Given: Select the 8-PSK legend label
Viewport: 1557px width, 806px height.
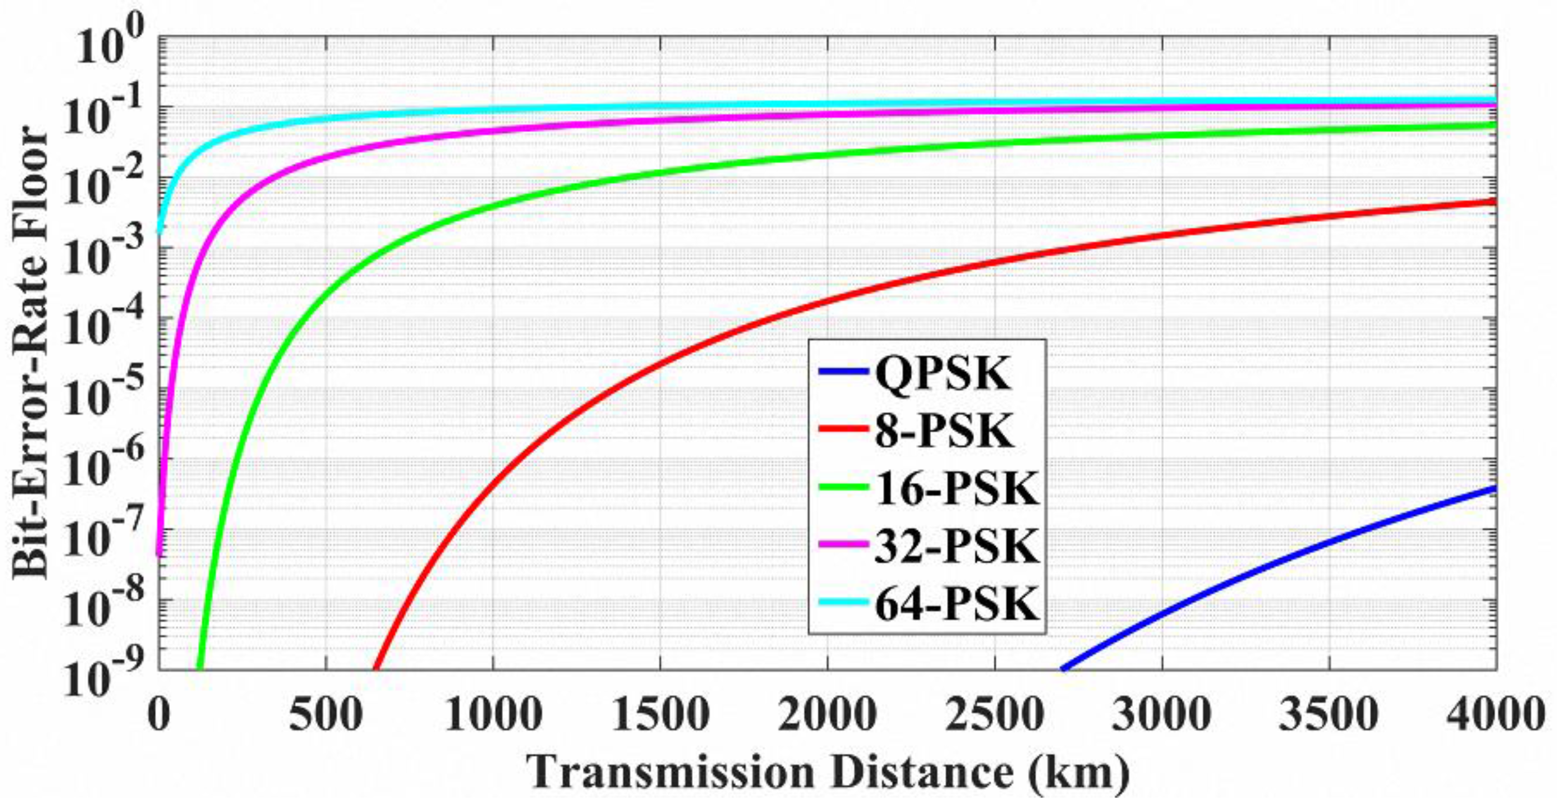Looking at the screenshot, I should point(944,432).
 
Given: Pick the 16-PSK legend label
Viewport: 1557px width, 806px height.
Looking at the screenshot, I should point(957,489).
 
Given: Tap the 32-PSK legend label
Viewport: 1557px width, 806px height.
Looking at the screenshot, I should point(957,547).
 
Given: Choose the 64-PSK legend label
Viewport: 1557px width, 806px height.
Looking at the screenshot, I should point(957,603).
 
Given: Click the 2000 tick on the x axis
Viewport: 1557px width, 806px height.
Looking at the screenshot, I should point(827,715).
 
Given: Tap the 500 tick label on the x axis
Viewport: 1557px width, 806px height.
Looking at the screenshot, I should point(326,715).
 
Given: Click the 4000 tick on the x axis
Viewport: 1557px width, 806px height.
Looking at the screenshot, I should point(1495,715).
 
